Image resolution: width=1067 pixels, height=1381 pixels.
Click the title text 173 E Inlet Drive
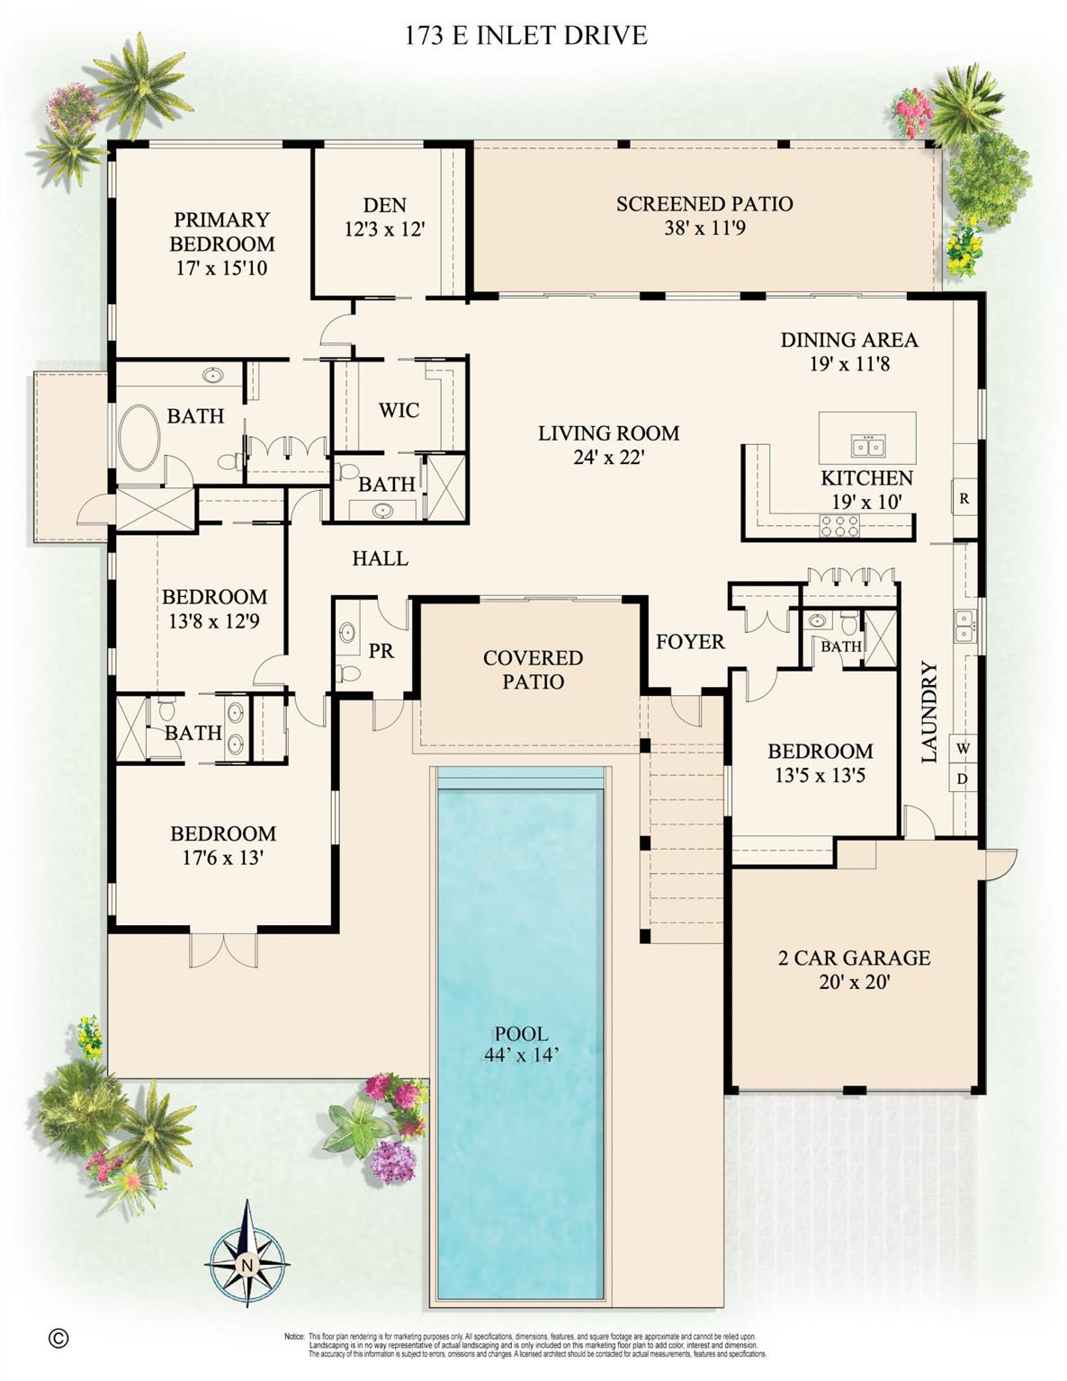coord(525,36)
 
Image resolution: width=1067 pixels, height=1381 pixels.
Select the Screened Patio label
coord(704,204)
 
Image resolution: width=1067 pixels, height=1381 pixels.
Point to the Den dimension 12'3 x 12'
coord(384,229)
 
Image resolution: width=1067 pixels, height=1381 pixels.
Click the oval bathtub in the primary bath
coord(139,438)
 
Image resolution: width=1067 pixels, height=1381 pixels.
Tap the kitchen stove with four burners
coord(839,525)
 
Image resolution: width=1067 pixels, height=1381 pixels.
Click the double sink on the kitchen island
coord(868,445)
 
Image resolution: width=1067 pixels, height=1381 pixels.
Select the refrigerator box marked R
coord(964,497)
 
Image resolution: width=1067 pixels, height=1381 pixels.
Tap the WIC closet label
coord(399,411)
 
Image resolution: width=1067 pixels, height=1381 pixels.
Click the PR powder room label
coord(381,650)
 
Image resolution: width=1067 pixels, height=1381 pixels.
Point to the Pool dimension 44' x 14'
coord(521,1056)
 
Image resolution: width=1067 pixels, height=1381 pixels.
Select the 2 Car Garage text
coord(854,958)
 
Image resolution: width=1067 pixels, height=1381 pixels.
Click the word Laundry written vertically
coord(929,712)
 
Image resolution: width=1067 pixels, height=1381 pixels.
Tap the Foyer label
coord(690,641)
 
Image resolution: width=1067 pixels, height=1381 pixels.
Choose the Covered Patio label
coord(533,670)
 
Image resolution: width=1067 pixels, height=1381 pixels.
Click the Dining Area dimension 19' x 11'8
coord(848,364)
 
